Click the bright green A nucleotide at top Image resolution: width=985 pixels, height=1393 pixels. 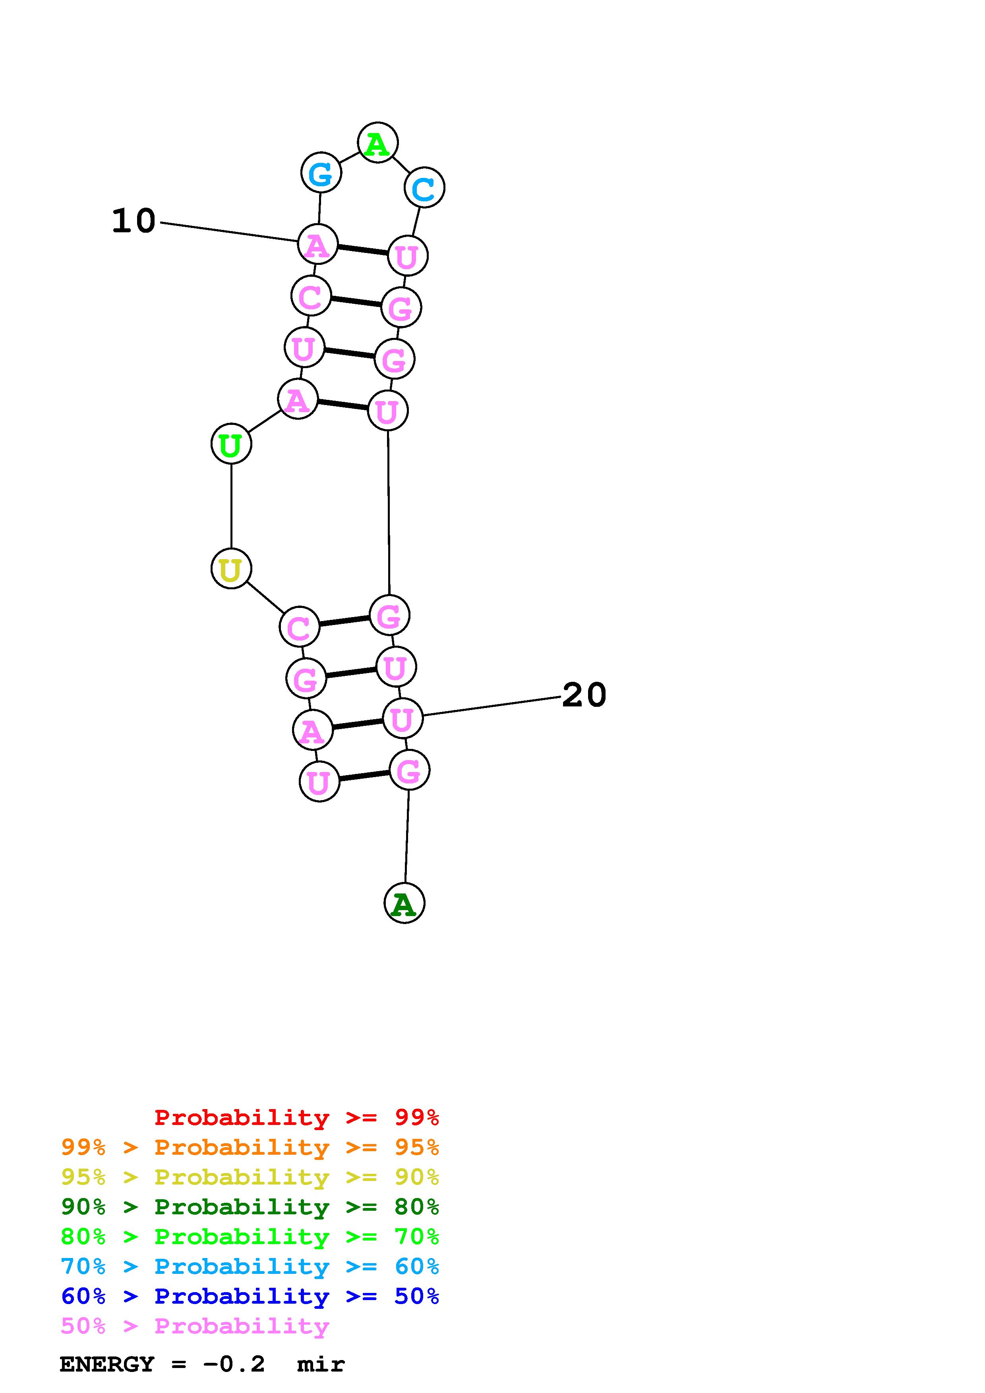377,143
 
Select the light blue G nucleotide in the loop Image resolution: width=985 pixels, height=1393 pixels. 321,173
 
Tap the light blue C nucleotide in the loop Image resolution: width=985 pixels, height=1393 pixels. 424,187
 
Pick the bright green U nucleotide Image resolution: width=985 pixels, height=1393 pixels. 231,444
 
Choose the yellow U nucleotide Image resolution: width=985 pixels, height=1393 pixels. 231,569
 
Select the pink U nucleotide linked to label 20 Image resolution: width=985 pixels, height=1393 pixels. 403,718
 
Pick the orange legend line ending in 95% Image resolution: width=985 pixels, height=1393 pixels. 250,1147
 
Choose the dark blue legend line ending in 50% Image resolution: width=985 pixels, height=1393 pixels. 250,1296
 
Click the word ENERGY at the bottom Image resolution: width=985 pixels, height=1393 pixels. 107,1364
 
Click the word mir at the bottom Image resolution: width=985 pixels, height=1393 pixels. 321,1364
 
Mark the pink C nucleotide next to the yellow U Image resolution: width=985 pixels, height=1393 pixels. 299,627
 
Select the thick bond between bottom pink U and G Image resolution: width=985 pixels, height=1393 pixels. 364,776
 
